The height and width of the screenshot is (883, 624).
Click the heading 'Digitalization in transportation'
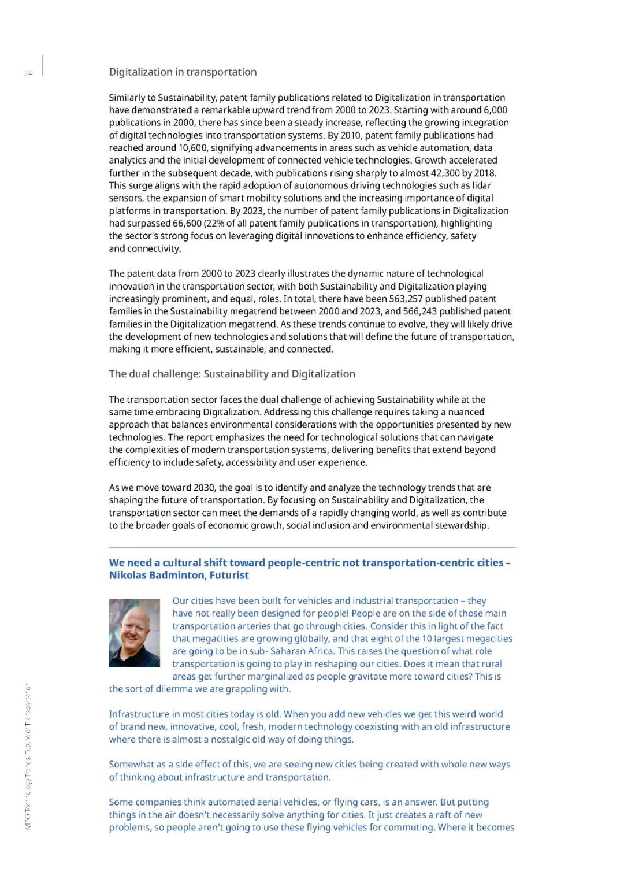[183, 72]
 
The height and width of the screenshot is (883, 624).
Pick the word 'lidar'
[481, 185]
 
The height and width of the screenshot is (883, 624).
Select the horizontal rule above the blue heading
[312, 547]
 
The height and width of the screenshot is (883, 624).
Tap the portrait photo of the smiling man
[134, 633]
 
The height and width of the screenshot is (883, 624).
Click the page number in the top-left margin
[28, 73]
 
